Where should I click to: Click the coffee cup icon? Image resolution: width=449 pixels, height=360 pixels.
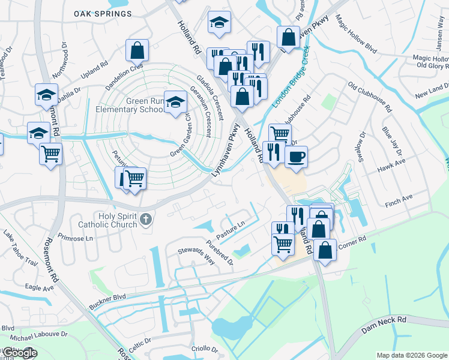pos(295,157)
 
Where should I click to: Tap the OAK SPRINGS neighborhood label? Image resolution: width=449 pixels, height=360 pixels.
pos(103,13)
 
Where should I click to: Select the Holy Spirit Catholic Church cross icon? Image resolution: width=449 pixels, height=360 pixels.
pos(145,221)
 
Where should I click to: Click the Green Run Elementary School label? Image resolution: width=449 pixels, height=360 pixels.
pos(128,106)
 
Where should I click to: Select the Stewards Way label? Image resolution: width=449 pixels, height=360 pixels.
pos(195,254)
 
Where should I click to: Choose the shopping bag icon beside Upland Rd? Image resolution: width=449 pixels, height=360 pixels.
pos(137,50)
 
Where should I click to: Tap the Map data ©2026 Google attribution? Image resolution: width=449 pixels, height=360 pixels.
pos(411,355)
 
